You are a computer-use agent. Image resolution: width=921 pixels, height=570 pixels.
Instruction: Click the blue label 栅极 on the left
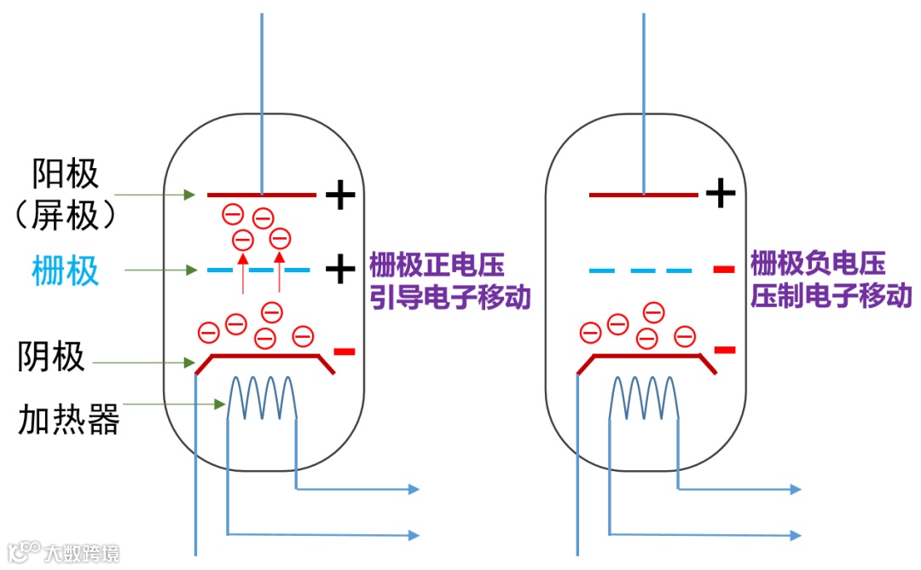pyautogui.click(x=65, y=271)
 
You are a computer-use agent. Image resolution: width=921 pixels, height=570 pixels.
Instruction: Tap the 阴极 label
pyautogui.click(x=51, y=357)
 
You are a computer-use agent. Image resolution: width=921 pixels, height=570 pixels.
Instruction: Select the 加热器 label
pyautogui.click(x=68, y=419)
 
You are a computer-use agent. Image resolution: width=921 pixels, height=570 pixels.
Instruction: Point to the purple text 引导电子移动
pyautogui.click(x=450, y=297)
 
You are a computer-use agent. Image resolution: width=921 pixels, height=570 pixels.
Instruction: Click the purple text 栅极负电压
pyautogui.click(x=818, y=265)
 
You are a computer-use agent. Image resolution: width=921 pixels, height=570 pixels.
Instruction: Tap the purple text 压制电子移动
pyautogui.click(x=831, y=297)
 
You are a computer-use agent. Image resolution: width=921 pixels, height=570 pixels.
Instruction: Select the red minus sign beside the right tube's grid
pyautogui.click(x=723, y=270)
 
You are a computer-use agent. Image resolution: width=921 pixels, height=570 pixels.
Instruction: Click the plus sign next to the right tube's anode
pyautogui.click(x=721, y=194)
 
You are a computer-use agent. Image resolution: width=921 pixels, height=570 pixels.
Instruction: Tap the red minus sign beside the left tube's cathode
pyautogui.click(x=344, y=351)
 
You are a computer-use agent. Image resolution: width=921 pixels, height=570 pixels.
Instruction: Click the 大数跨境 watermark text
pyautogui.click(x=83, y=553)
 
